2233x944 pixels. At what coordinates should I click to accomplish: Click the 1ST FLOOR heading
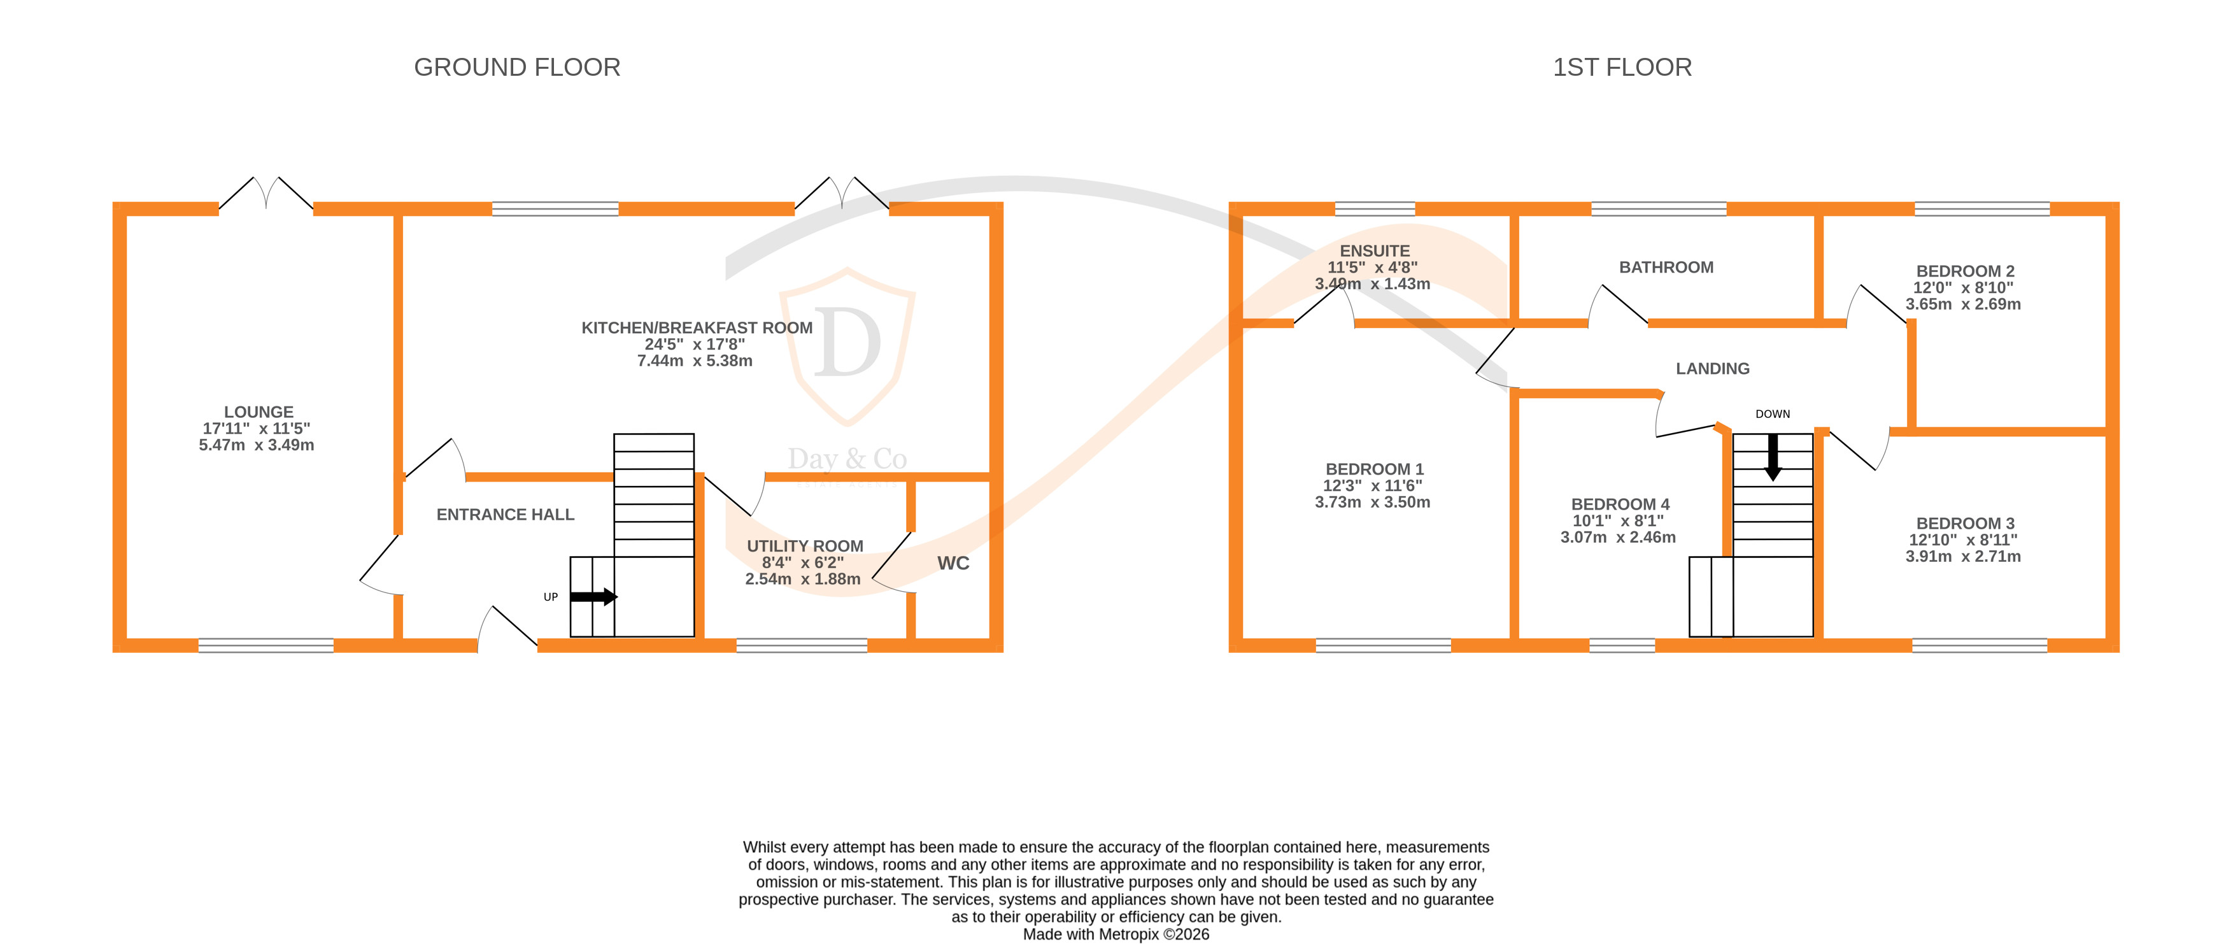(1622, 68)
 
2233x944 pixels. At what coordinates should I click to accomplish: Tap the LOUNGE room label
(259, 411)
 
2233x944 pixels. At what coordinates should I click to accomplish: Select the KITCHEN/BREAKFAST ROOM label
(696, 327)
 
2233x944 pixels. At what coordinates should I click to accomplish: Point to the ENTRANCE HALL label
(506, 515)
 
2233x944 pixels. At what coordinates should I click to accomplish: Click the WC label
(953, 564)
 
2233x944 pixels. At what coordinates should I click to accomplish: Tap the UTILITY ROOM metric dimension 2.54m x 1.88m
(803, 579)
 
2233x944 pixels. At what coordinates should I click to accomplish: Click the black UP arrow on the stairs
(595, 596)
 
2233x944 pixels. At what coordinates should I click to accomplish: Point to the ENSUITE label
(1374, 250)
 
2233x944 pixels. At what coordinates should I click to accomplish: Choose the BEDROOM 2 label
(1964, 271)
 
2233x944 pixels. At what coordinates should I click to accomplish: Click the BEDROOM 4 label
(1619, 504)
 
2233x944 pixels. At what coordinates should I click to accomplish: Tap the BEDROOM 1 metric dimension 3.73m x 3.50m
(1372, 502)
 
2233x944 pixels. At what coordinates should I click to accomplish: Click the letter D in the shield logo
(847, 343)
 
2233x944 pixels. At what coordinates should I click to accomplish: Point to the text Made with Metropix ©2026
(1116, 934)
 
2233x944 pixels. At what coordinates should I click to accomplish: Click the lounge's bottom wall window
(266, 645)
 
